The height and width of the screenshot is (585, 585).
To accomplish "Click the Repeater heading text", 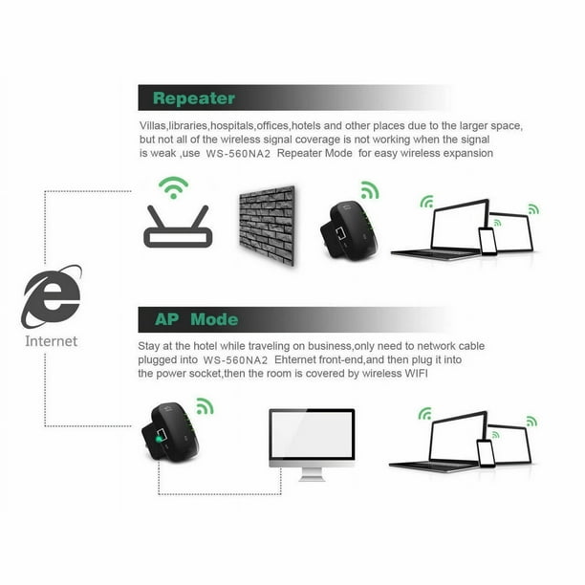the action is click(194, 98).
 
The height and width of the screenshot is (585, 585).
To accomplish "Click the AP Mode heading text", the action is click(196, 319).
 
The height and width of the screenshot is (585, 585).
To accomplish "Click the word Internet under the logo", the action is click(51, 341).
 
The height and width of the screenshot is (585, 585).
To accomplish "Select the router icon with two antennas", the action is click(178, 227).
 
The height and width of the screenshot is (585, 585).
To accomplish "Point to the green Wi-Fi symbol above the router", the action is click(173, 187).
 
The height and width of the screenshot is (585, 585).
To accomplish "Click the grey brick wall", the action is click(267, 226).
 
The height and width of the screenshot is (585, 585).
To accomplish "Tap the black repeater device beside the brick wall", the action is click(349, 229).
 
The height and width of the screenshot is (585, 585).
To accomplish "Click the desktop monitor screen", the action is click(312, 434).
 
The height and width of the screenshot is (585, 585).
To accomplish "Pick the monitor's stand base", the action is click(312, 479).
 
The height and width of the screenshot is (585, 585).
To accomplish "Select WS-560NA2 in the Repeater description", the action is click(238, 154).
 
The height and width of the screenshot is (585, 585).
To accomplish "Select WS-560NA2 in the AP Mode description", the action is click(235, 360).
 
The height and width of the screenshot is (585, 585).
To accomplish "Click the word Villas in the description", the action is click(153, 126).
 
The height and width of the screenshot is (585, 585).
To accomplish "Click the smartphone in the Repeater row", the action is click(488, 241).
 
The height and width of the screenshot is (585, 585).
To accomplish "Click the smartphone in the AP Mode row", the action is click(487, 453).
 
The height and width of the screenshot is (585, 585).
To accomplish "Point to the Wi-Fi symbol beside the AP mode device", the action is click(205, 406).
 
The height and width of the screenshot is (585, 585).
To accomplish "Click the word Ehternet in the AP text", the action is click(295, 360).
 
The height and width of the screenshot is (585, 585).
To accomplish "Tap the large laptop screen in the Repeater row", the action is click(460, 226).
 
